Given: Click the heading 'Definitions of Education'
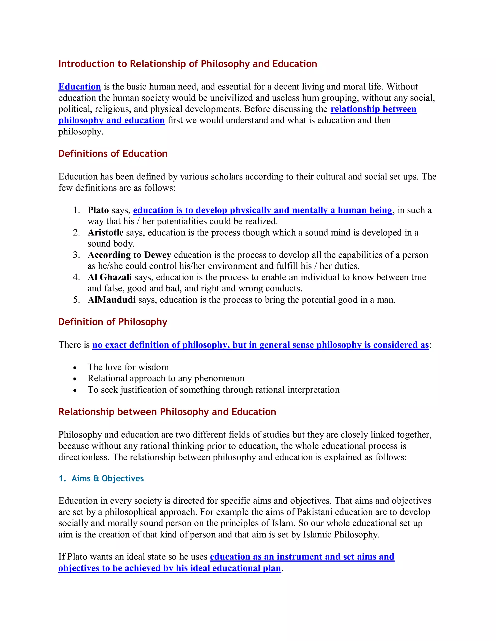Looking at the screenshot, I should click(x=113, y=154).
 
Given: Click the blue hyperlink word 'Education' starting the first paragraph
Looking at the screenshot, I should click(x=80, y=87).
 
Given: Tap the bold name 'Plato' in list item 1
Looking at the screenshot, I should click(x=98, y=210).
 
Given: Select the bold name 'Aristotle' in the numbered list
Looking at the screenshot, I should click(x=106, y=232).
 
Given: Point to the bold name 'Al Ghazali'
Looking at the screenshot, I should click(x=110, y=277).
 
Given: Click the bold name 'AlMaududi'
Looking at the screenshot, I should click(x=112, y=300).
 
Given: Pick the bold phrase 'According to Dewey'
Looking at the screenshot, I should click(x=129, y=255).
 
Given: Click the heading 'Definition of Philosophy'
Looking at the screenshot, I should click(x=113, y=322).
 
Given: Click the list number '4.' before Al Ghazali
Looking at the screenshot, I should click(x=76, y=277).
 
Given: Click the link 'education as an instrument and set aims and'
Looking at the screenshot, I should click(x=302, y=557).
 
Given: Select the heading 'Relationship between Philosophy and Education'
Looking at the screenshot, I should click(x=167, y=412).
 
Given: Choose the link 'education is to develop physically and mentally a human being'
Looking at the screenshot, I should click(x=263, y=210).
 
